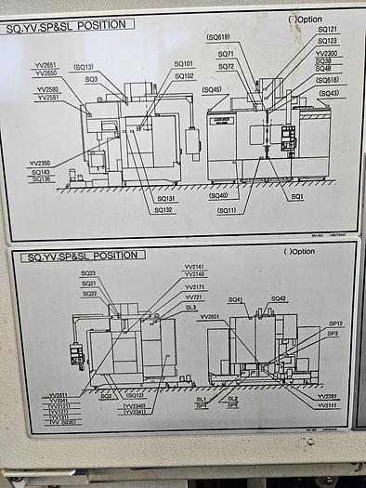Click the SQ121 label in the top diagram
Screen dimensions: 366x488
pyautogui.click(x=328, y=30)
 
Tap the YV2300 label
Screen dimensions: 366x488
pyautogui.click(x=327, y=53)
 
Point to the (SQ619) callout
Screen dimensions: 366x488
pyautogui.click(x=218, y=36)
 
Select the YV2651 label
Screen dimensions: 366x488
pyautogui.click(x=46, y=65)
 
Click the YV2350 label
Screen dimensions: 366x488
pyautogui.click(x=39, y=163)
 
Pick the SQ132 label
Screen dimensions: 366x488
pyautogui.click(x=163, y=209)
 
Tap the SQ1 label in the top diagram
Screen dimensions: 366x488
pyautogui.click(x=297, y=197)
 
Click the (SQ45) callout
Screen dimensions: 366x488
pyautogui.click(x=212, y=89)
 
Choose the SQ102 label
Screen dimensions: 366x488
pyautogui.click(x=184, y=76)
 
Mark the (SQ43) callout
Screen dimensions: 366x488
pyautogui.click(x=329, y=93)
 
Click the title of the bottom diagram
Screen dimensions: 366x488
pyautogui.click(x=85, y=256)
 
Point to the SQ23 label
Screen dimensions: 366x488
pyautogui.click(x=88, y=273)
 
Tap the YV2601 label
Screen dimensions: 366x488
pyautogui.click(x=210, y=317)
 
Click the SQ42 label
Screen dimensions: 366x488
pyautogui.click(x=279, y=298)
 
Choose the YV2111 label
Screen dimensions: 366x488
pyautogui.click(x=328, y=406)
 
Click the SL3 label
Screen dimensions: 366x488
pyautogui.click(x=191, y=307)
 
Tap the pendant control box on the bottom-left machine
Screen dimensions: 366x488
pyautogui.click(x=75, y=356)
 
